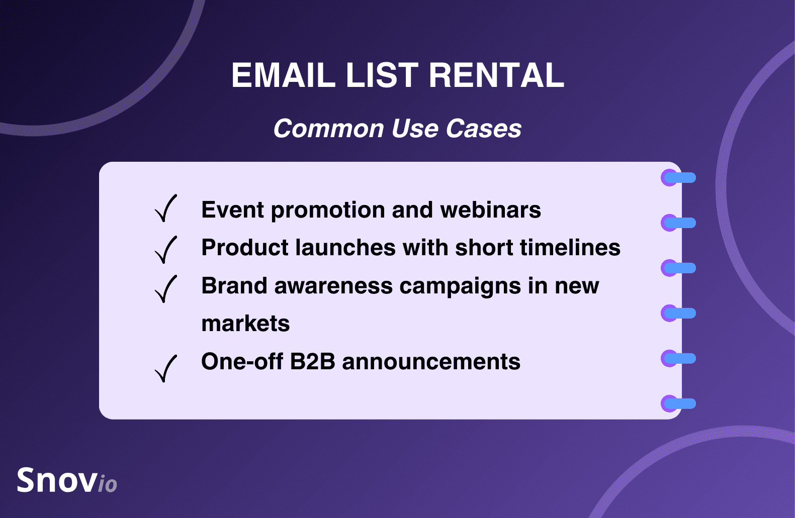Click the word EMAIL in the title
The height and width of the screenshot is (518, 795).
point(283,75)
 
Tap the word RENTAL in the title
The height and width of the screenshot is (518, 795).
point(496,75)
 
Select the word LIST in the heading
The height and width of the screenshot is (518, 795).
point(382,75)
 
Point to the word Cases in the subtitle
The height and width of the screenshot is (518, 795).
point(483,128)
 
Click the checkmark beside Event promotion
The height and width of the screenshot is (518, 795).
point(166,208)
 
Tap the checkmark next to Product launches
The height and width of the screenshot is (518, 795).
point(166,250)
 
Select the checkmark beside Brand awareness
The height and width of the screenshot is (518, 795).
point(166,288)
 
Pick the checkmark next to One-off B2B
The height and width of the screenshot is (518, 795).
point(166,368)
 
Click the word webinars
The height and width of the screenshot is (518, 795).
point(490,210)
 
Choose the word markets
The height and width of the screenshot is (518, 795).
point(245,324)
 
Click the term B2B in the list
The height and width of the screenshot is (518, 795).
point(313,362)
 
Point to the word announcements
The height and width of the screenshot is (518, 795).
point(431,362)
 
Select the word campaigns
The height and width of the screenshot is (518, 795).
point(460,286)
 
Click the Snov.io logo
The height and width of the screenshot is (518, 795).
point(67,480)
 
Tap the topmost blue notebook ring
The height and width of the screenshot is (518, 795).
point(678,178)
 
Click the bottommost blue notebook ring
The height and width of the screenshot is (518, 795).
point(678,403)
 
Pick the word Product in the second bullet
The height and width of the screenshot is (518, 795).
point(245,247)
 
